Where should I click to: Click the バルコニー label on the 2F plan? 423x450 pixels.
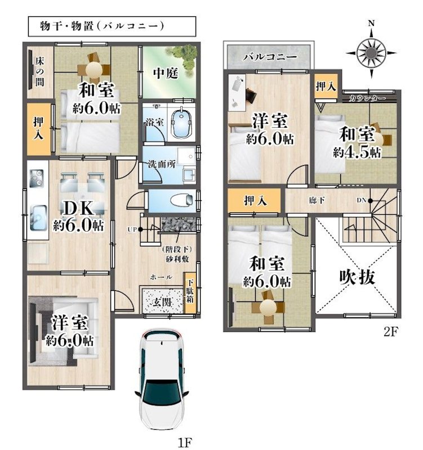click(270, 57)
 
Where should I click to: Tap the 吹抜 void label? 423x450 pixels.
click(357, 277)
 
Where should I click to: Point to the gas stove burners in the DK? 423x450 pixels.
click(38, 178)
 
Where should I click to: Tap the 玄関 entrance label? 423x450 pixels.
click(163, 301)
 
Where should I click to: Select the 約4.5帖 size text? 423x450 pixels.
click(357, 152)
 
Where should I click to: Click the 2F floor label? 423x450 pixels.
click(391, 331)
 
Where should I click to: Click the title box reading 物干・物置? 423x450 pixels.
click(111, 26)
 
